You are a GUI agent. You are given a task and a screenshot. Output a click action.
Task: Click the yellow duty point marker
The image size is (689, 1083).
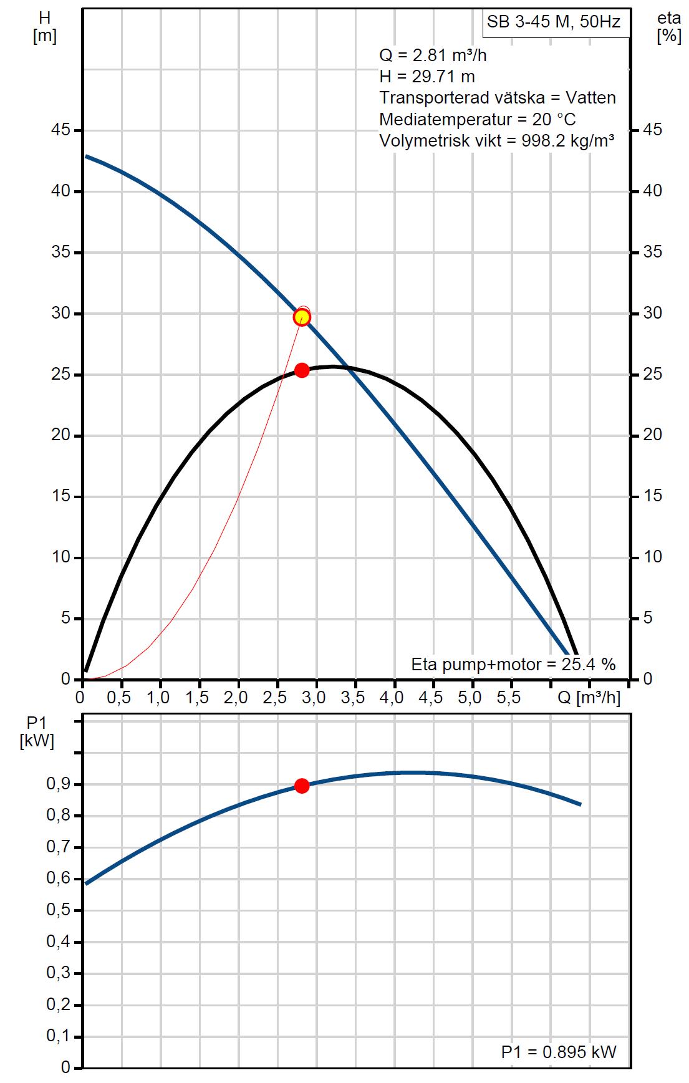(302, 317)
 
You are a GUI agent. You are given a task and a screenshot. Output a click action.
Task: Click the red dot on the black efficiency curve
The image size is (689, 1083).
(302, 370)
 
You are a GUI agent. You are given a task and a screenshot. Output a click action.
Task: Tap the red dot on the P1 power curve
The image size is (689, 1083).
(302, 786)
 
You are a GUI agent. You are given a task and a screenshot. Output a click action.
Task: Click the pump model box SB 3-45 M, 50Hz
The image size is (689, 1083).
(554, 22)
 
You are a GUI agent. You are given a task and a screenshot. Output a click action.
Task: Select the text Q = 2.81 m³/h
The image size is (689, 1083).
(433, 55)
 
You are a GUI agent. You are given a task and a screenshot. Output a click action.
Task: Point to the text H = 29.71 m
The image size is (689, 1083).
(427, 77)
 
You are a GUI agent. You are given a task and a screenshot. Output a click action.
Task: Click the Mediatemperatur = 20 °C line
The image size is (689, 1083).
(478, 119)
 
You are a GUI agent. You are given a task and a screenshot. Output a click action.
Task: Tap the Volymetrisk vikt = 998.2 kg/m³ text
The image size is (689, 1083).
(497, 140)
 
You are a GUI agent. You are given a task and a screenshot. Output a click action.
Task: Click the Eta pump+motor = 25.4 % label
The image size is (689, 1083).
(513, 664)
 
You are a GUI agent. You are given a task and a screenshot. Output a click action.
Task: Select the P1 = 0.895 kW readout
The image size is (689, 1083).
(559, 1052)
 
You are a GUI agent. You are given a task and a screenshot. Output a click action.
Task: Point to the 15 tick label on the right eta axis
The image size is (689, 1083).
(652, 496)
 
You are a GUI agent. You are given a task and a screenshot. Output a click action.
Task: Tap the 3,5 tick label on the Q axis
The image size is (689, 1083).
(353, 698)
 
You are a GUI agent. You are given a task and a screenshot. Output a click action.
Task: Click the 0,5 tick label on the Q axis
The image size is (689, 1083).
(118, 698)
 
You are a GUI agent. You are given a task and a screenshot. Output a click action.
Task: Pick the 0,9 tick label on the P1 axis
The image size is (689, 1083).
(57, 784)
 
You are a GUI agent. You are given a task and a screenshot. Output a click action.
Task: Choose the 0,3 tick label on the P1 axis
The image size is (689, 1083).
(57, 973)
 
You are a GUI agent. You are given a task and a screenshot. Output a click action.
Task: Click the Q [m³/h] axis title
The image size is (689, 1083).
(589, 698)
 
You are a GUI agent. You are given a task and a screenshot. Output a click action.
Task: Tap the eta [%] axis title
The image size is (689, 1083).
(668, 27)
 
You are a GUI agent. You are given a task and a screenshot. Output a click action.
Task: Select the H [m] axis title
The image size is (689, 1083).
(44, 27)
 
